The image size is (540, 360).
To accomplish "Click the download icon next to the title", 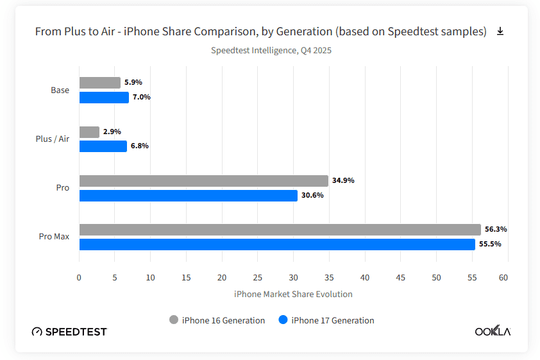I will [500, 31].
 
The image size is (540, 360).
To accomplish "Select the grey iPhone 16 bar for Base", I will [99, 83].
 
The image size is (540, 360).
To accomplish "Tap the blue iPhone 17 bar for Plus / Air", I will [103, 146].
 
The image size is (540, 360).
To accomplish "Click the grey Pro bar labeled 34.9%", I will [203, 181].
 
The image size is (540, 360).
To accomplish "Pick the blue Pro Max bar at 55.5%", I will [277, 244].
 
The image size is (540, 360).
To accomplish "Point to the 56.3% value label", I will [496, 229].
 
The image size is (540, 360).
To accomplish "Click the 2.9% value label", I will [112, 132].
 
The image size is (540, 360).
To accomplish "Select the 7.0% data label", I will [141, 98].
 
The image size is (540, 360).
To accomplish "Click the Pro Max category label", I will [54, 237].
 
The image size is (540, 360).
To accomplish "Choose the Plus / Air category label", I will [53, 139].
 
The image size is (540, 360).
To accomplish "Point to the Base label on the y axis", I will [60, 90].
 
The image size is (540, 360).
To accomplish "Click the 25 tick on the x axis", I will [258, 278].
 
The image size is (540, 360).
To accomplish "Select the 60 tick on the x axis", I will [503, 278].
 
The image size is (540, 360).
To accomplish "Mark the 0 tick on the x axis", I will [79, 278].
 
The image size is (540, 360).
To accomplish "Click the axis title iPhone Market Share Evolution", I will [293, 295].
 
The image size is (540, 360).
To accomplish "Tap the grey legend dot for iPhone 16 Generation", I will [174, 320].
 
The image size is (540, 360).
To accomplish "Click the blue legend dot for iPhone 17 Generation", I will [283, 320].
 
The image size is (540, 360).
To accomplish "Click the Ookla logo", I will [493, 331].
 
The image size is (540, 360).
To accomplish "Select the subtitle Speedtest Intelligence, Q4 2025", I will [271, 50].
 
